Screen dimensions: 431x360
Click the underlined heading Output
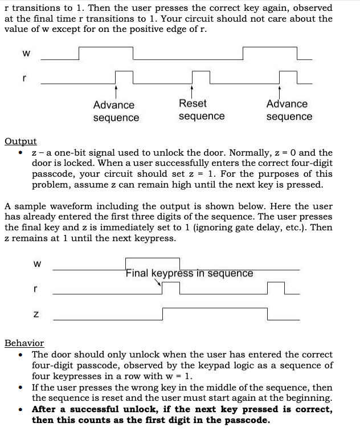tap(21, 141)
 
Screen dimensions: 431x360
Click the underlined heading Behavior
tap(24, 343)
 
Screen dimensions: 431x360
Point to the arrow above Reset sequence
tap(192, 90)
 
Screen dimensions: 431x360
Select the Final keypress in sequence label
tap(190, 273)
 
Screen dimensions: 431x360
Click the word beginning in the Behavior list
tap(307, 398)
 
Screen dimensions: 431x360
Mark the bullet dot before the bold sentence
tap(21, 409)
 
